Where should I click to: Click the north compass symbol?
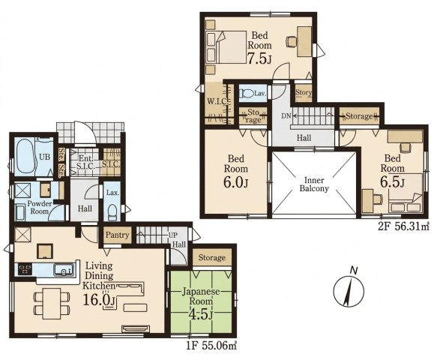[x=349, y=290]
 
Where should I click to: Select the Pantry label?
[x=118, y=235]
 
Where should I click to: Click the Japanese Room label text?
[x=201, y=296]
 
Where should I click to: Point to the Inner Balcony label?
[x=314, y=184]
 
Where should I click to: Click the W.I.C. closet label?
[x=217, y=101]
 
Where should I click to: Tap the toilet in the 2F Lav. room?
[x=246, y=93]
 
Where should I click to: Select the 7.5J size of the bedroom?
[x=259, y=58]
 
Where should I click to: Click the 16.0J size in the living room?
[x=99, y=300]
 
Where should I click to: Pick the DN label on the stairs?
[x=286, y=116]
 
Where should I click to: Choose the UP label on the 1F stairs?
[x=172, y=235]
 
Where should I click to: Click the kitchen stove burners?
[x=25, y=269]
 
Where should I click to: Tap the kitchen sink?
[x=64, y=270]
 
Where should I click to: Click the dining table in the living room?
[x=52, y=304]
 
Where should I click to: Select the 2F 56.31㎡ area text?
[x=403, y=226]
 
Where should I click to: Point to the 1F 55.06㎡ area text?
[x=211, y=346]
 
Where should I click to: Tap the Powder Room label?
[x=39, y=208]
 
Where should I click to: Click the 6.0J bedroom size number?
[x=235, y=183]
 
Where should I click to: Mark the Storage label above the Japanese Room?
[x=212, y=258]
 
